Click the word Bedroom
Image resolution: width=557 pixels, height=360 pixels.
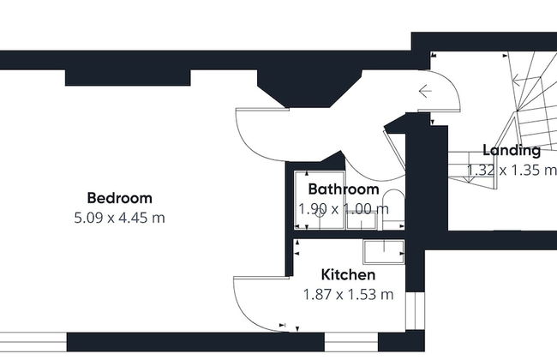[119, 198]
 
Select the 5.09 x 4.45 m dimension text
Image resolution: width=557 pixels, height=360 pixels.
[119, 218]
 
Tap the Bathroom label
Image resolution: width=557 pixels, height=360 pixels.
[344, 189]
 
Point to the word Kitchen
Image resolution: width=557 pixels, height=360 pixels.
[348, 274]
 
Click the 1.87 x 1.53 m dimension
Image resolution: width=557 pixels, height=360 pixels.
[348, 295]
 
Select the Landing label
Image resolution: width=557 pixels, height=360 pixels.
[512, 151]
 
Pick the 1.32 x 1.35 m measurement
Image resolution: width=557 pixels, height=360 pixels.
[512, 171]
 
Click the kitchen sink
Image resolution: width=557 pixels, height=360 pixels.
[384, 252]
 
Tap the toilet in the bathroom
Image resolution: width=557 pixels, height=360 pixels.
[393, 210]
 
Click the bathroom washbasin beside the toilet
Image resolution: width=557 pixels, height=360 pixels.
[362, 220]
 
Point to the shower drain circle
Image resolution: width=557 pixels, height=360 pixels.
[320, 213]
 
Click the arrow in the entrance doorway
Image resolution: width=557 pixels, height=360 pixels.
[425, 92]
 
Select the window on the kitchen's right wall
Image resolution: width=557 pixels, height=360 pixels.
[415, 311]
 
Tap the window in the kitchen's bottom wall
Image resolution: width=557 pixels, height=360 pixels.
[351, 342]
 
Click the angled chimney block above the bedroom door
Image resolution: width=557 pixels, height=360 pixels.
[309, 87]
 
